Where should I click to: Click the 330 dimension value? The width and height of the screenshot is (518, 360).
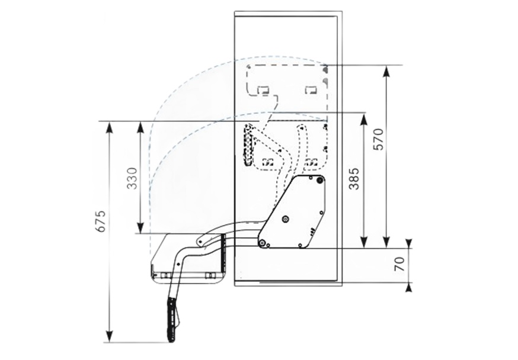pyautogui.click(x=132, y=178)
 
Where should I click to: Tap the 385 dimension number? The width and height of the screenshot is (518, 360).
pyautogui.click(x=354, y=178)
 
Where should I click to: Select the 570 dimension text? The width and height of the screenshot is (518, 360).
pyautogui.click(x=379, y=139)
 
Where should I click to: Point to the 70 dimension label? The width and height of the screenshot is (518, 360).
pyautogui.click(x=400, y=264)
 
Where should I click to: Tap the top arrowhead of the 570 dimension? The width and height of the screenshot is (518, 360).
pyautogui.click(x=386, y=71)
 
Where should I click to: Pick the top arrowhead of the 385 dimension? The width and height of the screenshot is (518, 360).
pyautogui.click(x=363, y=120)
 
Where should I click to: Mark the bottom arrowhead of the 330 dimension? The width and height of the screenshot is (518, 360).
pyautogui.click(x=140, y=228)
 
